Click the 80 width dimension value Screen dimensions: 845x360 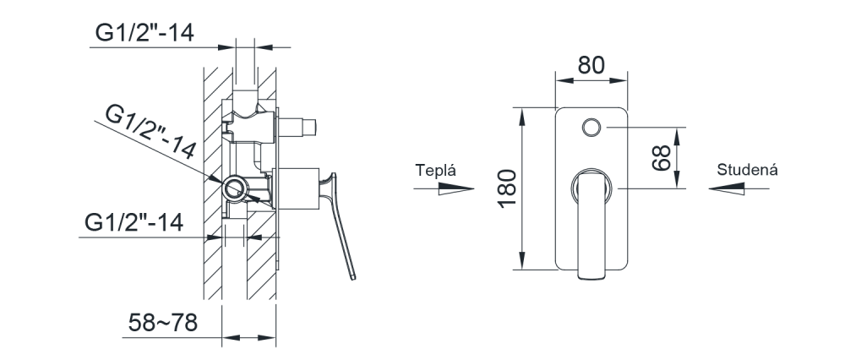(591, 65)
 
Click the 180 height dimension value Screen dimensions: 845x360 (507, 188)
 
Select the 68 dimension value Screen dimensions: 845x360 (662, 158)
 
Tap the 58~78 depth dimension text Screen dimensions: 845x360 (163, 323)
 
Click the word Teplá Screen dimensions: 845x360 (435, 171)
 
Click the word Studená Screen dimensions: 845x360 (747, 170)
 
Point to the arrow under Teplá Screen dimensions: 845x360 (444, 188)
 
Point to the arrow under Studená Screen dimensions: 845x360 (739, 188)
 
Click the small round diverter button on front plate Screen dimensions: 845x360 (591, 128)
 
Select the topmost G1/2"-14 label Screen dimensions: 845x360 (144, 34)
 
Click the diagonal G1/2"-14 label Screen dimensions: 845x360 (150, 133)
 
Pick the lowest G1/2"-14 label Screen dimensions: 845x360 (134, 222)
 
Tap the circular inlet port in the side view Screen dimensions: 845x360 (234, 189)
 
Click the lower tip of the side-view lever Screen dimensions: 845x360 (353, 278)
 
